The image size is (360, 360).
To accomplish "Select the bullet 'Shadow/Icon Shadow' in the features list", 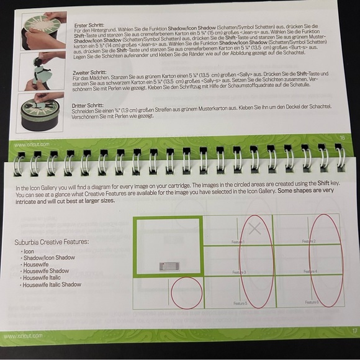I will pyautogui.click(x=48, y=257).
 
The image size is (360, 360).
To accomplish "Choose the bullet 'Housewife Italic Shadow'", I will pyautogui.click(x=52, y=284).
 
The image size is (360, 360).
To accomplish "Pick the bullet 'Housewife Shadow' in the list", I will pyautogui.click(x=45, y=271).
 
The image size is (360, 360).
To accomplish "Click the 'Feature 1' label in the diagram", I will pyautogui.click(x=238, y=241).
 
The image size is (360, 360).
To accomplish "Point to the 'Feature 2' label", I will pyautogui.click(x=308, y=241).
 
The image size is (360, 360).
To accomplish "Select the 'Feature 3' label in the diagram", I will pyautogui.click(x=239, y=272).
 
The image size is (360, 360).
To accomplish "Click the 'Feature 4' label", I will pyautogui.click(x=309, y=271).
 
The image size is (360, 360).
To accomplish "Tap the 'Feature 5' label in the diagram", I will pyautogui.click(x=240, y=302).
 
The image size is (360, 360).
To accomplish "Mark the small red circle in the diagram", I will pyautogui.click(x=187, y=292).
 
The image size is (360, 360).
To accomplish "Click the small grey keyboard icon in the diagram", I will pyautogui.click(x=169, y=266).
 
